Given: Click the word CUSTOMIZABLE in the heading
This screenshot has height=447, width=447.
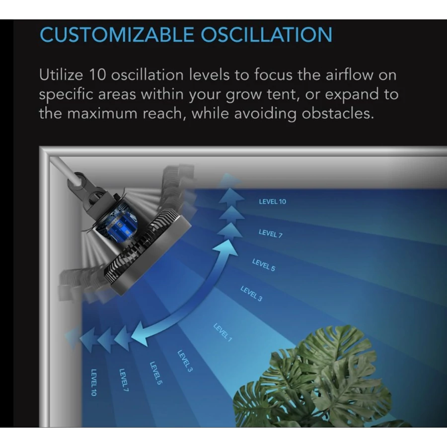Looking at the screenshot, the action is point(117,35).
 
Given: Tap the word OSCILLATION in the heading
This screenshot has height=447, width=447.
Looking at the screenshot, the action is point(267,35).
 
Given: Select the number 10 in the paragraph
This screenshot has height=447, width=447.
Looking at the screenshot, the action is point(97,75).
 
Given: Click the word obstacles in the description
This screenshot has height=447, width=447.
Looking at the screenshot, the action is point(338,113).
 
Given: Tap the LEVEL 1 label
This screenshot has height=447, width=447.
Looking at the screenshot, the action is point(223,332).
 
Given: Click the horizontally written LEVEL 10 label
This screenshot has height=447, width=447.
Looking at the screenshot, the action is point(272,202).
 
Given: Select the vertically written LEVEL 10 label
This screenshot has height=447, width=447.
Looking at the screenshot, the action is point(93,382).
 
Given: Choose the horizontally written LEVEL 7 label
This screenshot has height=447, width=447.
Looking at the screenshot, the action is point(271,233).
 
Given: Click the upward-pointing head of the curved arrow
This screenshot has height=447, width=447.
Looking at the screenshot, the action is point(226,247).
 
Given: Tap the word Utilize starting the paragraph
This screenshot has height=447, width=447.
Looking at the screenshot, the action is point(61,75).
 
